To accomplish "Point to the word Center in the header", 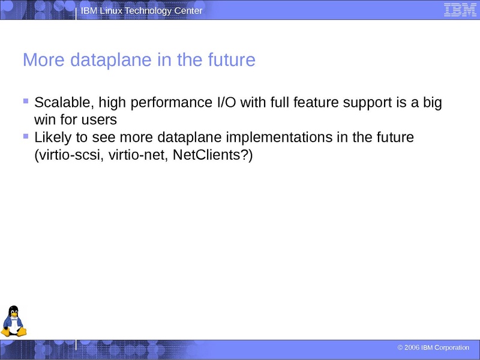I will point(187,11).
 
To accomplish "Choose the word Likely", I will point(53,137).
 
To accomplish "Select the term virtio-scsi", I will point(64,155).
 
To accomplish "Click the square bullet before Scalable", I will point(26,101).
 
